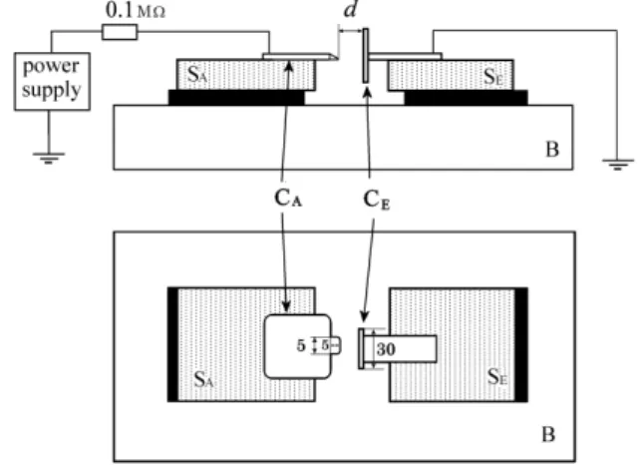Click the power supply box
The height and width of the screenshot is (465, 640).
point(52,81)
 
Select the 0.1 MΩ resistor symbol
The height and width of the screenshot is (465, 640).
point(120,32)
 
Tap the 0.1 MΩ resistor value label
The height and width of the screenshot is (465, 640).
point(136,10)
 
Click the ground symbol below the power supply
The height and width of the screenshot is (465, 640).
point(49,158)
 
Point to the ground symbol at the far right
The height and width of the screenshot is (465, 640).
point(618,165)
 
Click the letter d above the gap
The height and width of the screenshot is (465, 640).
point(351,9)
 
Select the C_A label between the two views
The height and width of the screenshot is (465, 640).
point(288,199)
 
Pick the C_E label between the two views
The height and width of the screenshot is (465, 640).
point(377,200)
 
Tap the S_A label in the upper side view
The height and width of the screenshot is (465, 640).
point(197,74)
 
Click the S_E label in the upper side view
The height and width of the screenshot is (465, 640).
point(493,76)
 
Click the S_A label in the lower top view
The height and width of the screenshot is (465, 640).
point(203,379)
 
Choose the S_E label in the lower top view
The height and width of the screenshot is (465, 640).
point(497,376)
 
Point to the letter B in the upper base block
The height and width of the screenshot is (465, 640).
point(552,150)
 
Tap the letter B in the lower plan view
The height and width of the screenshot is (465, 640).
point(548,434)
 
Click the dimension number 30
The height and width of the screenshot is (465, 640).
point(386,349)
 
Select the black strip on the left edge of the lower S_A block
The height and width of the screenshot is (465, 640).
point(172,344)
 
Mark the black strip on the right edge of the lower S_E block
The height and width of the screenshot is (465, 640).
point(521,345)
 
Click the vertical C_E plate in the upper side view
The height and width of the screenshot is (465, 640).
point(365,56)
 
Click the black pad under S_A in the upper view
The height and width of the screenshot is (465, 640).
point(236,98)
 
